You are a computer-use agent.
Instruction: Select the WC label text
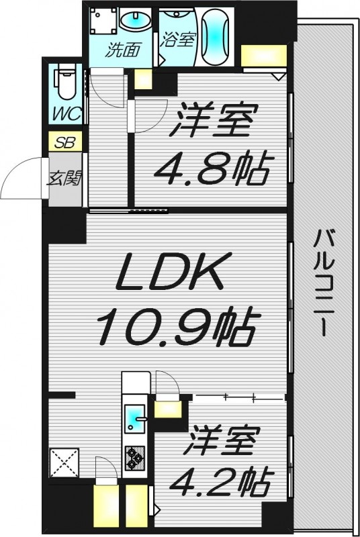pos(67,113)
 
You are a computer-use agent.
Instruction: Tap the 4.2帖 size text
pos(222,481)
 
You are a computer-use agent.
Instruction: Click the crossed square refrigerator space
pos(64,462)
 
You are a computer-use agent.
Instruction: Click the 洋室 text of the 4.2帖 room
pos(222,444)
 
